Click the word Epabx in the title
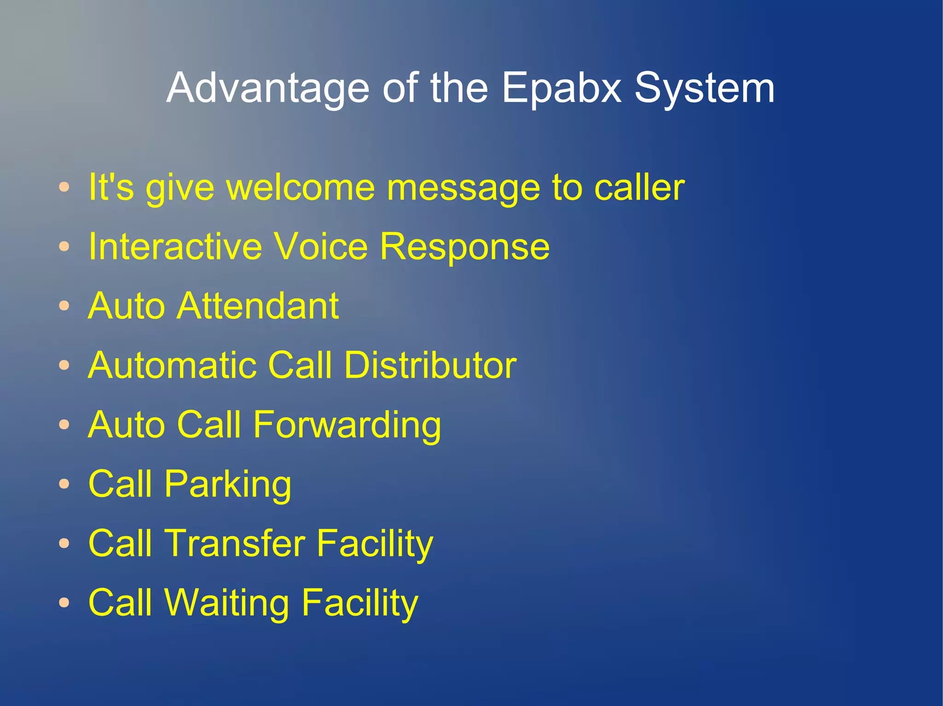click(x=561, y=88)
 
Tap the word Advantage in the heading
click(x=268, y=88)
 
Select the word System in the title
click(x=704, y=88)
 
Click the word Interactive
click(x=175, y=247)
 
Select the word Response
click(x=465, y=247)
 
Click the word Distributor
click(x=430, y=365)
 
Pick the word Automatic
click(x=172, y=365)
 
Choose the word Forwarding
click(x=347, y=425)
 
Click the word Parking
click(x=228, y=484)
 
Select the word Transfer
click(x=235, y=544)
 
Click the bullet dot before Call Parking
click(x=64, y=484)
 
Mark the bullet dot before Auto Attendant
click(x=64, y=306)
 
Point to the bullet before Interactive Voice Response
click(x=64, y=247)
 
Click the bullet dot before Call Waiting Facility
click(x=64, y=603)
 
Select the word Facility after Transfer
click(x=375, y=544)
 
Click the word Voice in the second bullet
click(x=321, y=247)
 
